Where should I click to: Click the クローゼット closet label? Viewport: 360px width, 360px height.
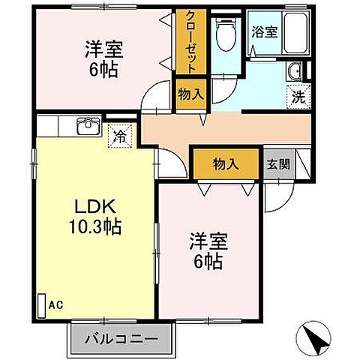point(186,42)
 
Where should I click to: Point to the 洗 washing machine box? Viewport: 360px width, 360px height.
point(298,96)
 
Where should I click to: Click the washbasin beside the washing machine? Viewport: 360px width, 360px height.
point(295,73)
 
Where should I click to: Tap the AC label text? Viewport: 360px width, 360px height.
point(55,305)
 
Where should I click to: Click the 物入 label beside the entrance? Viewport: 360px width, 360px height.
point(226,164)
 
